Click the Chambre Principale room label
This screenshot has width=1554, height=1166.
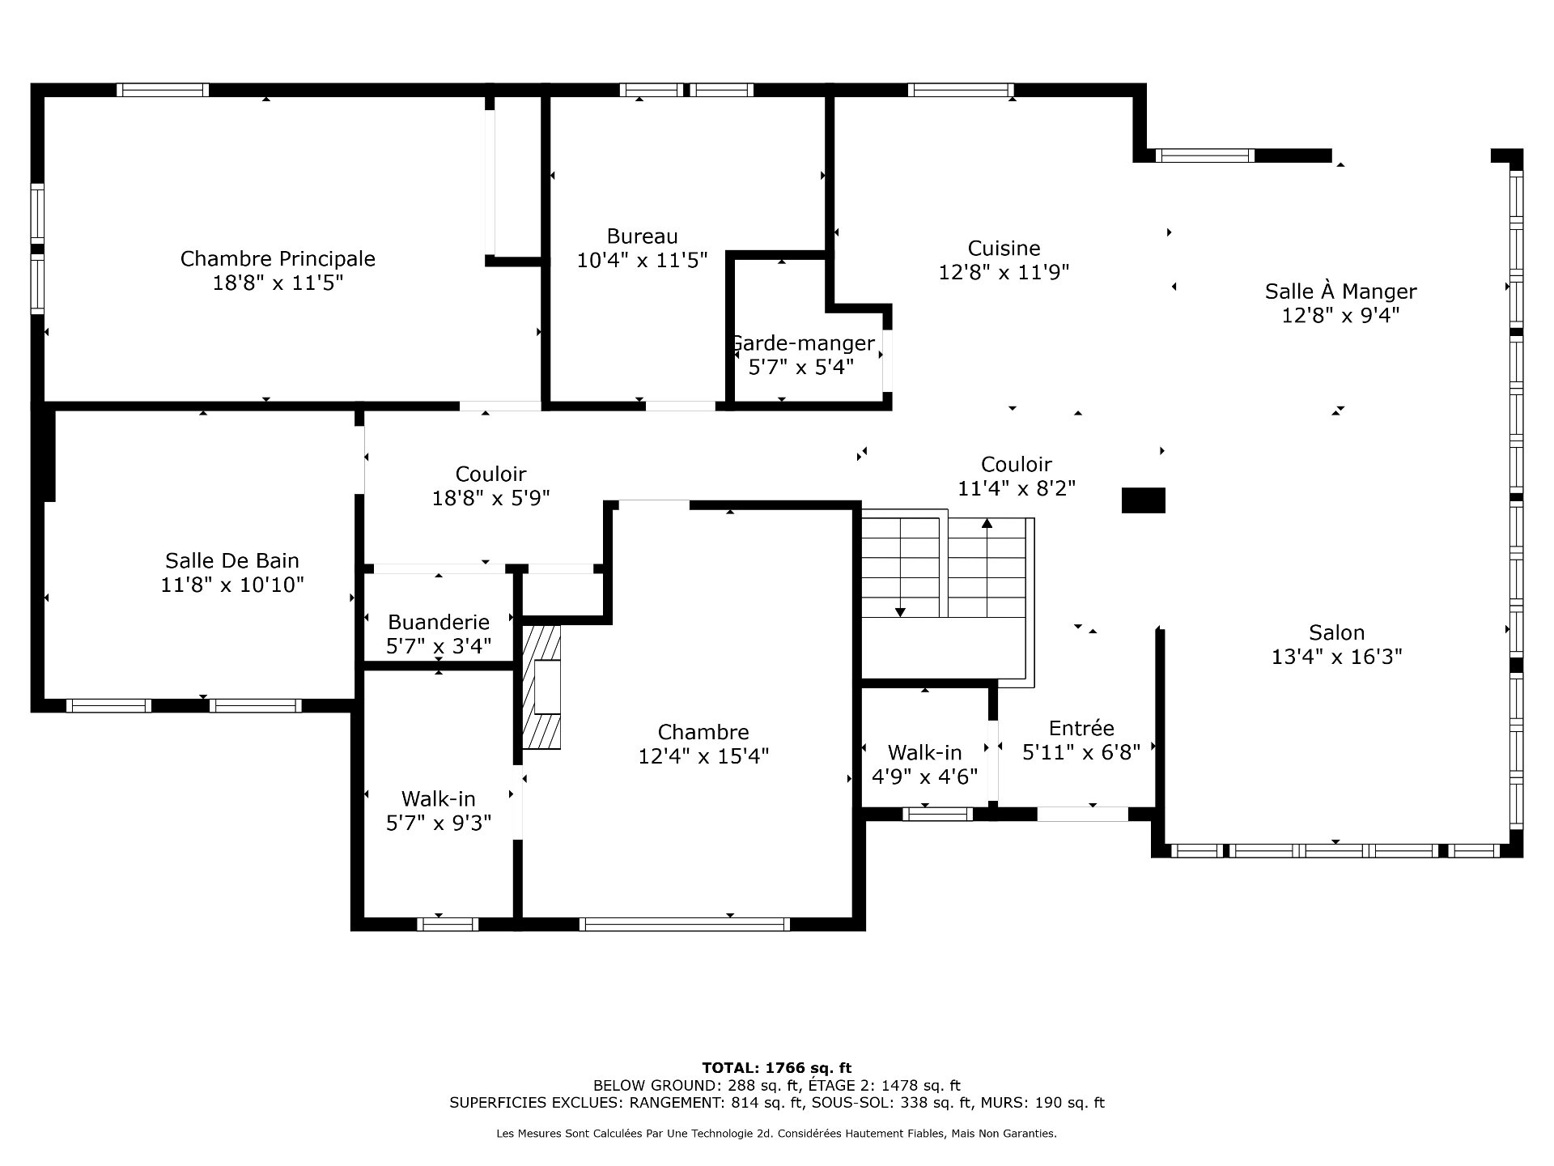tap(278, 259)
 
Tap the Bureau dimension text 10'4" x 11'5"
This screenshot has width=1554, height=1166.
tap(642, 261)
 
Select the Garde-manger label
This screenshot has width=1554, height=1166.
tap(803, 343)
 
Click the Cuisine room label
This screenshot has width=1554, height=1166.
tap(1004, 249)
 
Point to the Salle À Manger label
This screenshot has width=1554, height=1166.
tap(1340, 291)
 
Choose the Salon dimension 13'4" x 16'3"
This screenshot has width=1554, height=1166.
tap(1336, 657)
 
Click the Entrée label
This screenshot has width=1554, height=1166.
tap(1081, 729)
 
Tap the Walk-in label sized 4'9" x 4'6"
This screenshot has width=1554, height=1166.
tap(924, 753)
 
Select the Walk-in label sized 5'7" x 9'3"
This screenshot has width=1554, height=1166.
tap(438, 799)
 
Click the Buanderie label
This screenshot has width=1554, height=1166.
tap(439, 623)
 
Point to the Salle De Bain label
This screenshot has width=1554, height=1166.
tap(232, 561)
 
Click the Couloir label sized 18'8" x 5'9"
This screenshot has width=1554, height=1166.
tap(490, 474)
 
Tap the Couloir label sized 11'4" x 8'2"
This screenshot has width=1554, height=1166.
tap(1016, 465)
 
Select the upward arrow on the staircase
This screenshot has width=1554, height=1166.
tap(987, 525)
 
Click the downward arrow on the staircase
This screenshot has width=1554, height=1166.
tap(900, 611)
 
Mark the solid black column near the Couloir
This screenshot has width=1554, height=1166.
tap(1143, 500)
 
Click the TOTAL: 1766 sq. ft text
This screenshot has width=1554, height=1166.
tap(776, 1068)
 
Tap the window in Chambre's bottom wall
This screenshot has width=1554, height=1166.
tap(684, 924)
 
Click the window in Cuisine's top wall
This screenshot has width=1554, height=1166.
tap(960, 90)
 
